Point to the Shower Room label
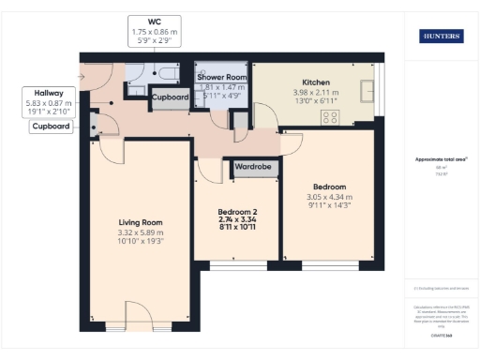point(221,76)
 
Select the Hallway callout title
point(48,93)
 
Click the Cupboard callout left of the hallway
point(52,127)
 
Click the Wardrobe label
point(253,169)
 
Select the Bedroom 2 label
point(236,212)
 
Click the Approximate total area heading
point(440,159)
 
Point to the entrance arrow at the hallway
point(83,76)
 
